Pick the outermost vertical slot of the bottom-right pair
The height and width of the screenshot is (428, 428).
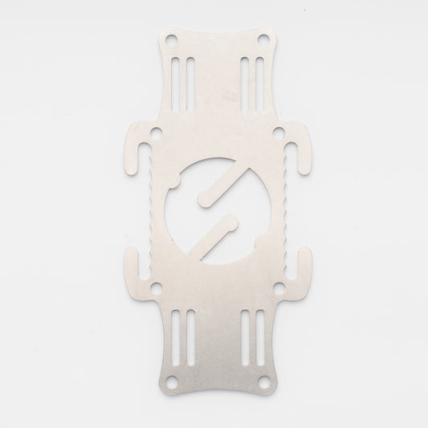[257, 337]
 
